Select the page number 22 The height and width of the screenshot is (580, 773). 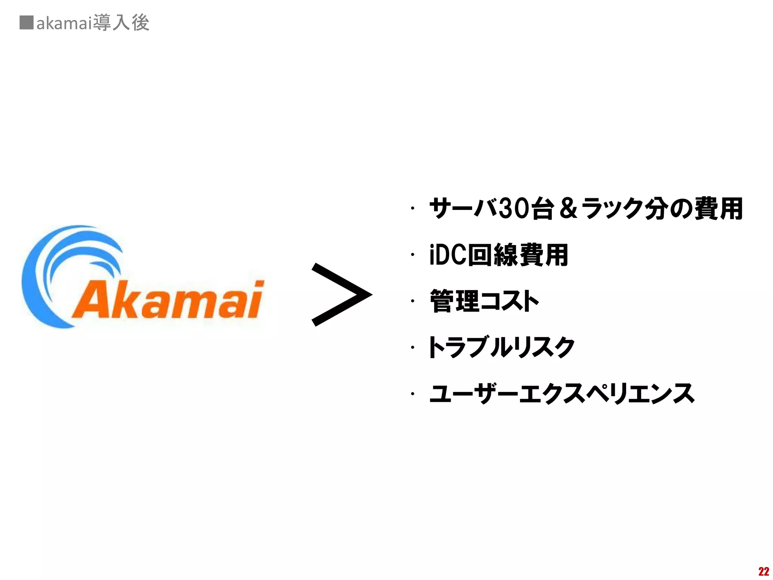tap(763, 571)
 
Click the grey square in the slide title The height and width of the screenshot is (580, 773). tap(26, 23)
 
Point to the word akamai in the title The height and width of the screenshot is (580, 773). tap(65, 23)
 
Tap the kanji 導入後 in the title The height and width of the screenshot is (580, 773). tap(121, 23)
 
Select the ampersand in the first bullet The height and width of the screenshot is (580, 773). tap(568, 209)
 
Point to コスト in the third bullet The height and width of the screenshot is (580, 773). tap(510, 301)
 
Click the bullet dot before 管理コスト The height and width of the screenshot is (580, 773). tap(413, 301)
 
